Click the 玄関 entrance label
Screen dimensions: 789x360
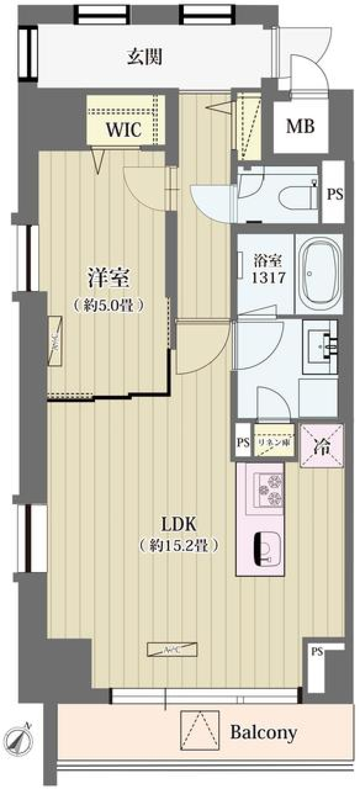[x=145, y=58]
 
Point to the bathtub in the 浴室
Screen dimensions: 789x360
[x=319, y=274]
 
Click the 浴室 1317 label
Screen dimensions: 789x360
[x=268, y=269]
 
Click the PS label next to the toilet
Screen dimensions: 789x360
[x=334, y=194]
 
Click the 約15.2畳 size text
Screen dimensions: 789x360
[x=179, y=546]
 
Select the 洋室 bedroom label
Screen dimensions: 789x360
[x=109, y=278]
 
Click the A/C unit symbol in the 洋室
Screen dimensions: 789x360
[x=55, y=340]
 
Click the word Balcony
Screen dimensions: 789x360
[x=263, y=732]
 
